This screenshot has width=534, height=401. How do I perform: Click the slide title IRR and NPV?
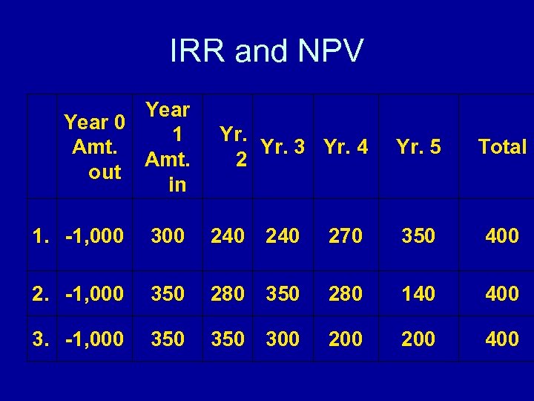[267, 51]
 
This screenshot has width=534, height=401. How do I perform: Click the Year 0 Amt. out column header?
[94, 146]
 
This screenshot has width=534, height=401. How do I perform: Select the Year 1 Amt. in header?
[168, 147]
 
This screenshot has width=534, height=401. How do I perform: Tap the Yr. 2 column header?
[234, 147]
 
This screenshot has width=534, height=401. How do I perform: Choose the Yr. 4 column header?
[346, 147]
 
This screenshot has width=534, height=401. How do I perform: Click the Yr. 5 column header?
[418, 147]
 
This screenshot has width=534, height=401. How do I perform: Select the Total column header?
[502, 147]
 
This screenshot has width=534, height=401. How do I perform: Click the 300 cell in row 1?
[168, 236]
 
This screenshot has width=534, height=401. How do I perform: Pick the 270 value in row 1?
[346, 236]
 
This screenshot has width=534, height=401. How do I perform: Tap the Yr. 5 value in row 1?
[418, 236]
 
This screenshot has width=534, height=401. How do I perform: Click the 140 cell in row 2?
[418, 294]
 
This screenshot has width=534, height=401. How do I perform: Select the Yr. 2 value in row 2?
[228, 294]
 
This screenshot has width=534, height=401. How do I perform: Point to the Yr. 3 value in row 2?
[283, 294]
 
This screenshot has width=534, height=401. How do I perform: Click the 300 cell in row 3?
[283, 339]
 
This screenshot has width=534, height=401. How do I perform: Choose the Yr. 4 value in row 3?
[346, 339]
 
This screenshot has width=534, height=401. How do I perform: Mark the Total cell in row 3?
[502, 339]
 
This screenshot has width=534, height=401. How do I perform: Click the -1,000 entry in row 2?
[94, 294]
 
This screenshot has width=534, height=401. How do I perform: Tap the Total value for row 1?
[502, 236]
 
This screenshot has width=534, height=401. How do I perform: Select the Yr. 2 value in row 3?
[228, 339]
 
